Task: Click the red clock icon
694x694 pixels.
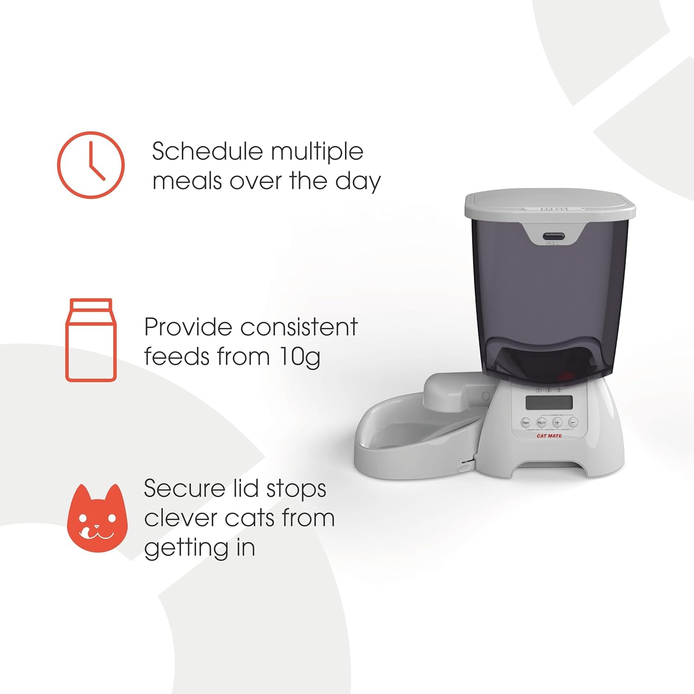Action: pyautogui.click(x=91, y=165)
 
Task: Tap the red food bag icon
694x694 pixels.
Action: pyautogui.click(x=91, y=340)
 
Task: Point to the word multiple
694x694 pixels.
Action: pyautogui.click(x=317, y=152)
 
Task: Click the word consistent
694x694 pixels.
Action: pyautogui.click(x=299, y=327)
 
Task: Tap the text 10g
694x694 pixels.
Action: pyautogui.click(x=300, y=357)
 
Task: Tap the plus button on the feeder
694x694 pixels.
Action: pyautogui.click(x=557, y=422)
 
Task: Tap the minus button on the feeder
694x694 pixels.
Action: pyautogui.click(x=573, y=422)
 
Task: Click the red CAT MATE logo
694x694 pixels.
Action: pyautogui.click(x=549, y=436)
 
